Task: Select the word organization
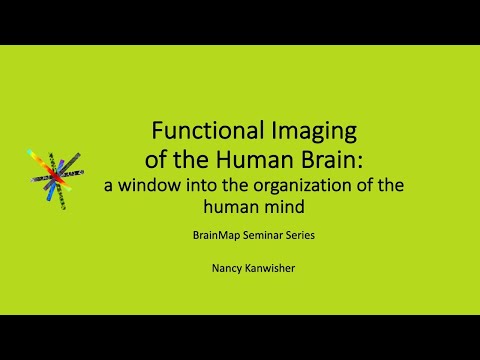pos(316,185)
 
